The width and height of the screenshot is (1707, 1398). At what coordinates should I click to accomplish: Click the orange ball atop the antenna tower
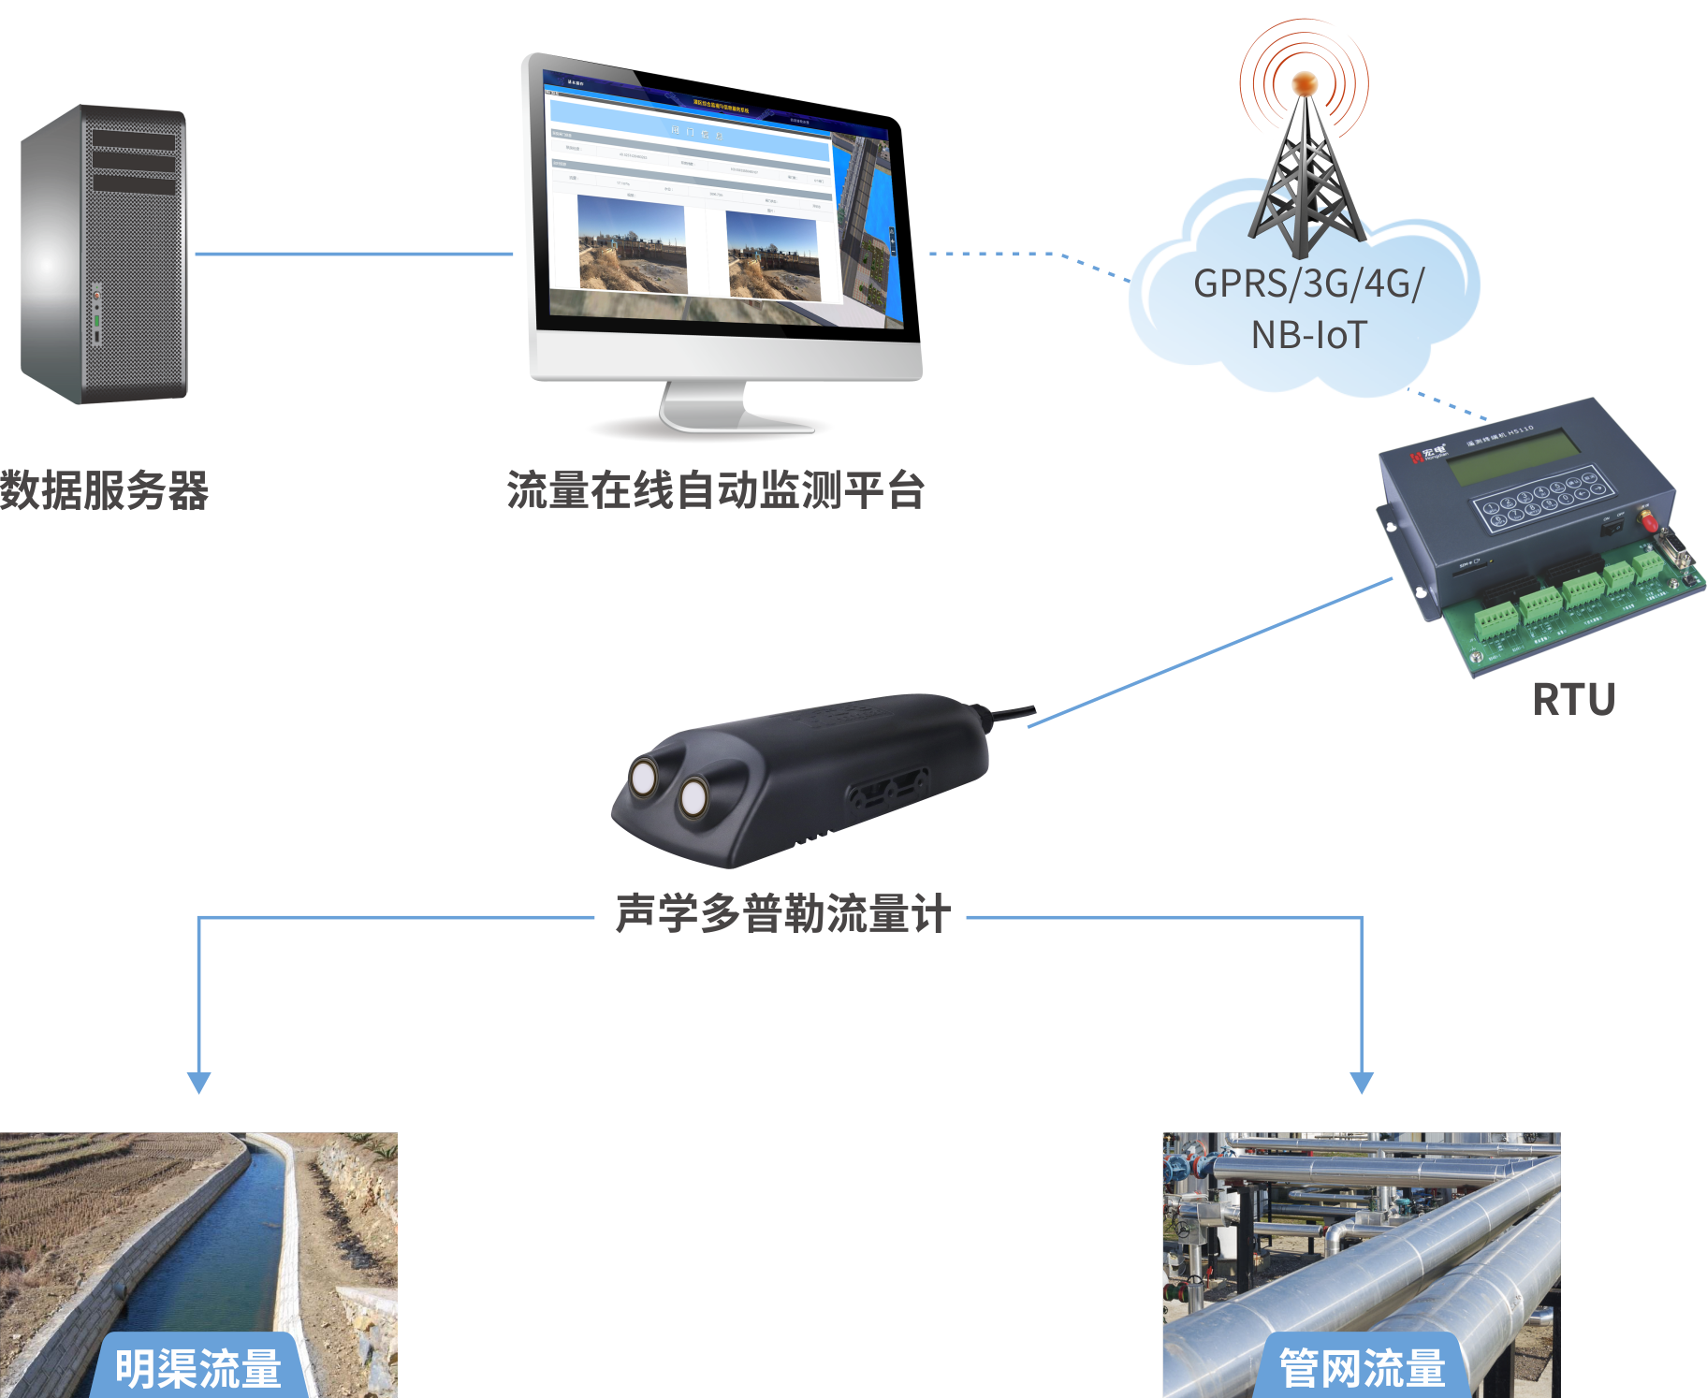[1304, 83]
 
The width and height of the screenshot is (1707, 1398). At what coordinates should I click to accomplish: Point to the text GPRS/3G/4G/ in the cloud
[1308, 284]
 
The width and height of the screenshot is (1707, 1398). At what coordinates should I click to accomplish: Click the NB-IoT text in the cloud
[1309, 335]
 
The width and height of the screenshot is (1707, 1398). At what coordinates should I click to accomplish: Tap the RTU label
[1573, 700]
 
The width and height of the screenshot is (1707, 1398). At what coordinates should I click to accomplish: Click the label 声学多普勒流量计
[782, 914]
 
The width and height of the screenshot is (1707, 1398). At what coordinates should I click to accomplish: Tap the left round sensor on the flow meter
[644, 779]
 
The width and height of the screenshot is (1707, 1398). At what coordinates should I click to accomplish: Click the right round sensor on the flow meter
[693, 798]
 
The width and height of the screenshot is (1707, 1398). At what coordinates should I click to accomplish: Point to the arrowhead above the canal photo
[198, 1083]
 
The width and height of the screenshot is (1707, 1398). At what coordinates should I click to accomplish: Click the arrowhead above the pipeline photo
[1362, 1083]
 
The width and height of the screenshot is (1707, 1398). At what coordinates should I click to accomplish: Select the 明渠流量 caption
[197, 1369]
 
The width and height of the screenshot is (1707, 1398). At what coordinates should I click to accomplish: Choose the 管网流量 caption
[1362, 1369]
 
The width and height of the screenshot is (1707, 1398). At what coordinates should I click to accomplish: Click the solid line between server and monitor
[354, 254]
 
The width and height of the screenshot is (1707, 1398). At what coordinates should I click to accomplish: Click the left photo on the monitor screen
[632, 245]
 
